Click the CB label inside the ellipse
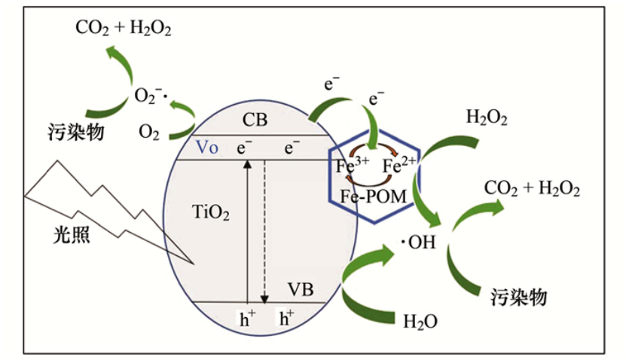(255, 121)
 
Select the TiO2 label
(211, 214)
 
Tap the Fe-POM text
(373, 197)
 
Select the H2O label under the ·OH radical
(420, 322)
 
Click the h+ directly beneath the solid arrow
(247, 319)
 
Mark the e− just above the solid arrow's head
(243, 148)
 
